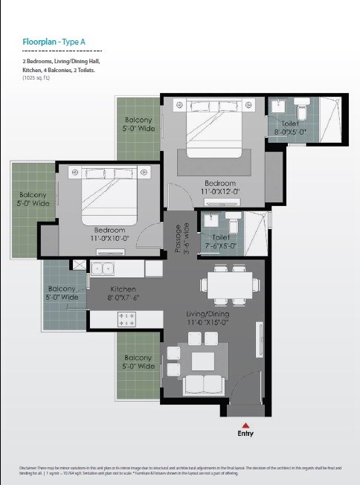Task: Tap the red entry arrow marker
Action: pyautogui.click(x=245, y=425)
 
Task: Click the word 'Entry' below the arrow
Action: pyautogui.click(x=245, y=434)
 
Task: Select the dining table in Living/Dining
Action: pyautogui.click(x=231, y=283)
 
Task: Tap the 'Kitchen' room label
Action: pyautogui.click(x=123, y=289)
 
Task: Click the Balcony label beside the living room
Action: pyautogui.click(x=139, y=362)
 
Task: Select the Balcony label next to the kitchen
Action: pyautogui.click(x=62, y=293)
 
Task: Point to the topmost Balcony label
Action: pyautogui.click(x=138, y=123)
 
